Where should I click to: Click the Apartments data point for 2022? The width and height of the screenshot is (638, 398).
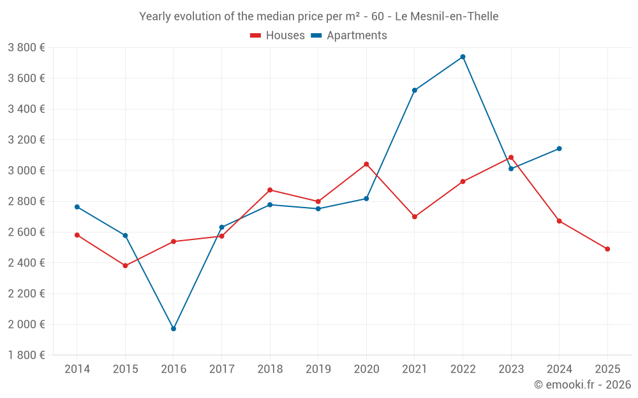click(463, 57)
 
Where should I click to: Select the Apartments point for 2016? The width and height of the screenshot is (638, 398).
click(174, 329)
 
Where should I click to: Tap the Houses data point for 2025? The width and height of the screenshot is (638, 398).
click(607, 249)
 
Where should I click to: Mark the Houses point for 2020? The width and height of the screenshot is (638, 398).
click(366, 164)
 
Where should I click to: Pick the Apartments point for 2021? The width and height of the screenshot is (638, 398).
click(415, 90)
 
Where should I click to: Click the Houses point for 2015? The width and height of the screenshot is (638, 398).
click(125, 266)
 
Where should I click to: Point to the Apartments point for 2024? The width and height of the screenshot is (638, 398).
click(560, 148)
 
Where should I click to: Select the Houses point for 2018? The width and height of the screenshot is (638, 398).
click(270, 190)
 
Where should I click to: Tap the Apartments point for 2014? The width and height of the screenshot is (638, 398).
click(77, 207)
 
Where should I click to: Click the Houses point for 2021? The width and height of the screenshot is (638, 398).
click(415, 217)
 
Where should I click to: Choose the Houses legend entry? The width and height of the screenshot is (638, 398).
click(278, 36)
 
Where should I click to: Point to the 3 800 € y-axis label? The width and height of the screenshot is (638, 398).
click(26, 48)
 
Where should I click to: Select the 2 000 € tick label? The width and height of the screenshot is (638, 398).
click(26, 324)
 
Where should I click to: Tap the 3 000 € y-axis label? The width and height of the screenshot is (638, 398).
click(26, 171)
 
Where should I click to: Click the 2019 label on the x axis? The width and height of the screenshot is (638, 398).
click(318, 369)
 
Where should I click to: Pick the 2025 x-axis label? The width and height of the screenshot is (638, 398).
click(607, 369)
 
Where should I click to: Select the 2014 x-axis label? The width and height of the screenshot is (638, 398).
click(77, 369)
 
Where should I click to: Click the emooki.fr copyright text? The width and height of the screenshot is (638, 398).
click(582, 385)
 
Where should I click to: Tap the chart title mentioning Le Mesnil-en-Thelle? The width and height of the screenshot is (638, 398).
click(318, 17)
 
